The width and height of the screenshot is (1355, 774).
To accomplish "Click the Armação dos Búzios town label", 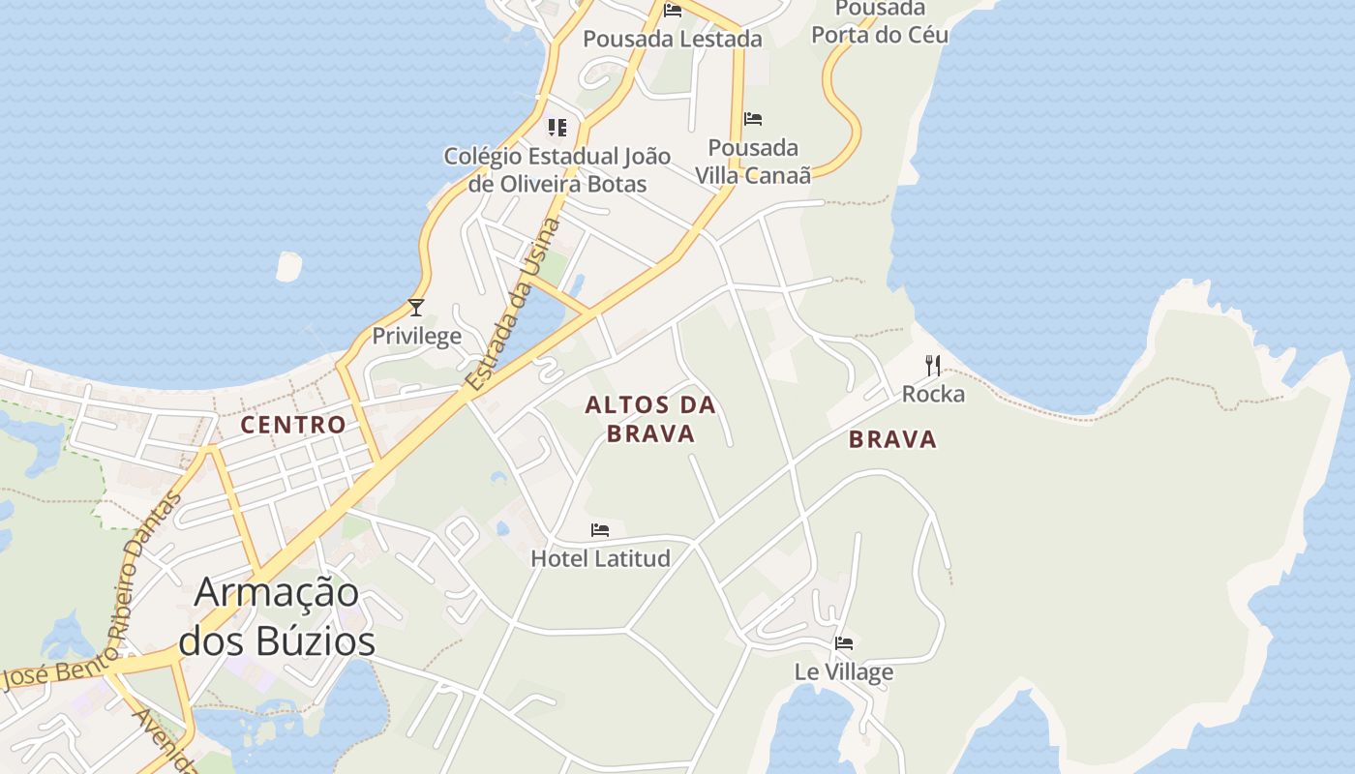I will (x=278, y=616).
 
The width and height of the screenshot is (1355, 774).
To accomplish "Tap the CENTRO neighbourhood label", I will (x=293, y=424).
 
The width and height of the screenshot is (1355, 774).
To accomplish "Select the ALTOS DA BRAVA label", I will (x=650, y=419).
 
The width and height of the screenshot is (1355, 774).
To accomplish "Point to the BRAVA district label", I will (x=892, y=439).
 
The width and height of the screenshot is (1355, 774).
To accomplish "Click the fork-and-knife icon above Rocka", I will (x=933, y=365).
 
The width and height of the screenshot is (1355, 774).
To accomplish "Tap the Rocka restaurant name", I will (x=933, y=394).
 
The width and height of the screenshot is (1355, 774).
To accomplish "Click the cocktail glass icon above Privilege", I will (x=416, y=308).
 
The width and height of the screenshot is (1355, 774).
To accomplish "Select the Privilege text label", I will (x=416, y=336).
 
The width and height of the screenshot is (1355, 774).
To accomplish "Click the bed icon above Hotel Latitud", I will (x=600, y=530).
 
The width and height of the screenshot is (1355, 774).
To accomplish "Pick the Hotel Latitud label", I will (x=600, y=558).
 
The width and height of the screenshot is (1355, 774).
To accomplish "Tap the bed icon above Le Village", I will (x=844, y=642).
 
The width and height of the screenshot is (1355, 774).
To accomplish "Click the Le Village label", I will (x=844, y=670).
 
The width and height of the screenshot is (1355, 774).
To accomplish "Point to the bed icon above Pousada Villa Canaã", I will (x=753, y=119).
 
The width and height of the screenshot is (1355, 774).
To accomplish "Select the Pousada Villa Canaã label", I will (x=753, y=162).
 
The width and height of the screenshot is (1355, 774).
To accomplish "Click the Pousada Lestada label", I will (x=673, y=39).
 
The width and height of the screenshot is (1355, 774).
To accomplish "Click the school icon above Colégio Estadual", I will (x=557, y=127).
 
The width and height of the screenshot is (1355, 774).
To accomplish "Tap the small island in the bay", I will (x=288, y=266).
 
